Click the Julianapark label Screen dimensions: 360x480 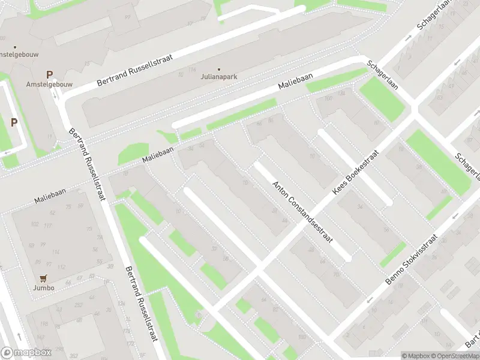218,77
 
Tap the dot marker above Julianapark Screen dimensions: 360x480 218,69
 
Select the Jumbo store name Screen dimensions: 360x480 44,288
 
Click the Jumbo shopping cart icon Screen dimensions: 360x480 43,278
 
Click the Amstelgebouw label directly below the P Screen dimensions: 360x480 49,85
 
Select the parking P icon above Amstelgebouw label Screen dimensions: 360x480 49,75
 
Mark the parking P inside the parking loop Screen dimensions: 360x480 14,122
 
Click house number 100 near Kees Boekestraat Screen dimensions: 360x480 328,98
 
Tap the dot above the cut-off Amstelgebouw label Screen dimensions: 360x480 16,47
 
